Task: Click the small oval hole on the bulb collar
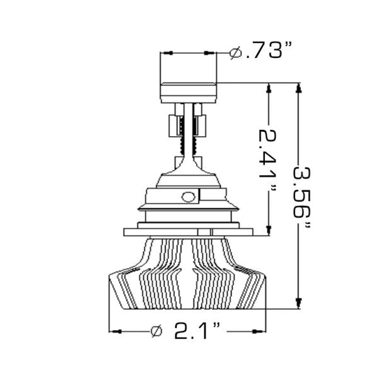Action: click(x=187, y=196)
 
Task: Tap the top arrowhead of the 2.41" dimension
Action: click(x=270, y=89)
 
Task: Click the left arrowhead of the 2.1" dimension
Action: click(x=115, y=330)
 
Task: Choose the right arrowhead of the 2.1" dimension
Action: click(x=260, y=330)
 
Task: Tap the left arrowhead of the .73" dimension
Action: click(x=166, y=54)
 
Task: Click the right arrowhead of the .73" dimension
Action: click(x=213, y=54)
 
